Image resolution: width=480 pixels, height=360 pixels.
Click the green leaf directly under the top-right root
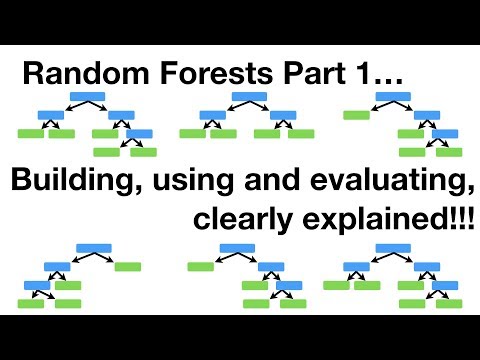356,115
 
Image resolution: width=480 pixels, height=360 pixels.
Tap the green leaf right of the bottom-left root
127,267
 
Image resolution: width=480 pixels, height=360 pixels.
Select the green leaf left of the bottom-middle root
201,267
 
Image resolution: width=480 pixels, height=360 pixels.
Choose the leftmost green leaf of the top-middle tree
192,133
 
